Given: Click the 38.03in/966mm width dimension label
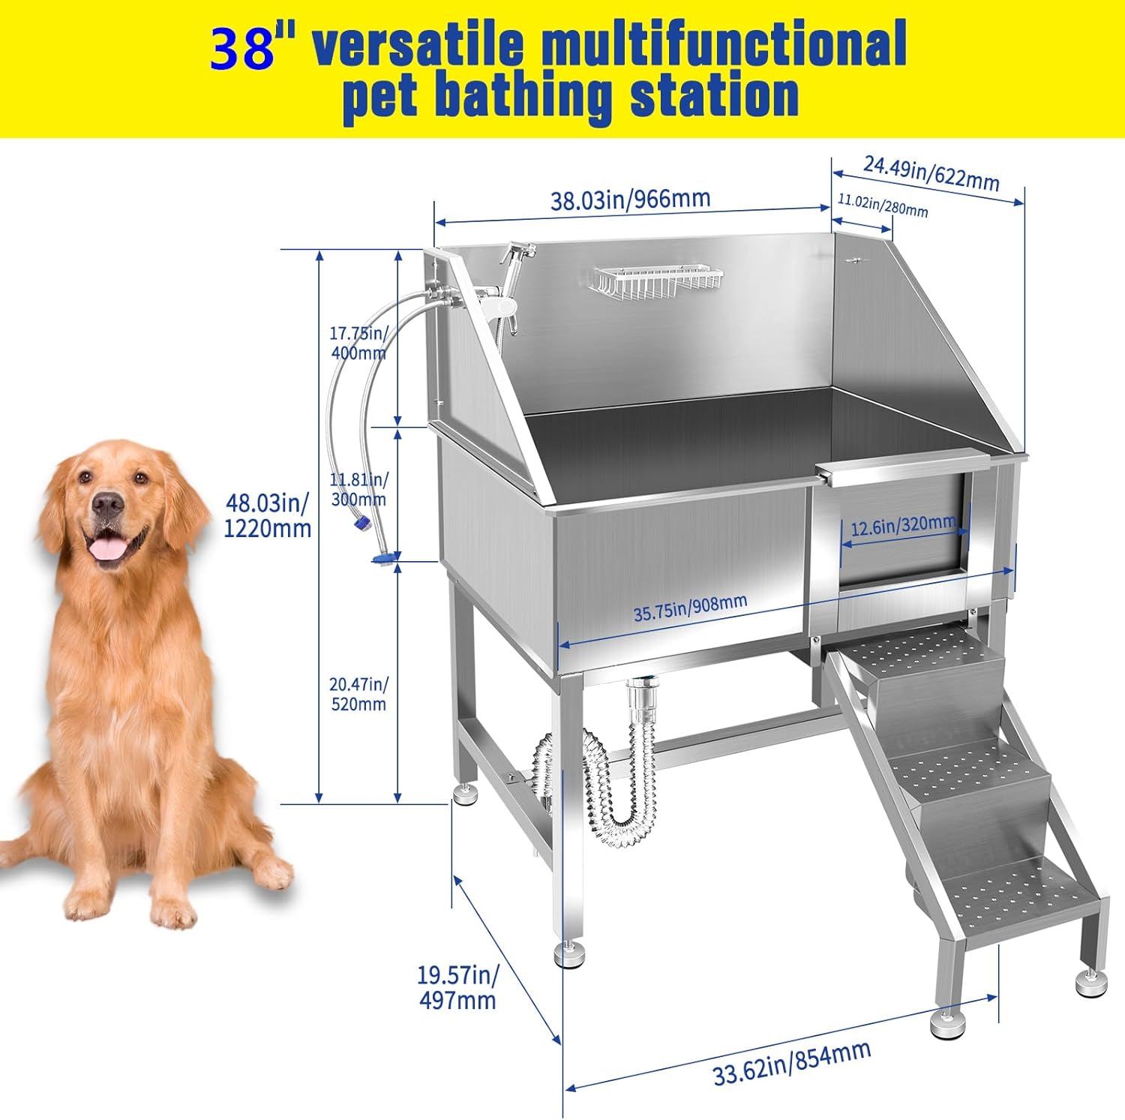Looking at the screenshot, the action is pyautogui.click(x=631, y=200).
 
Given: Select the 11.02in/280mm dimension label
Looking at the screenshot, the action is pyautogui.click(x=883, y=205).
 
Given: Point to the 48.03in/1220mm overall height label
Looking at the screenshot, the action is pyautogui.click(x=268, y=515).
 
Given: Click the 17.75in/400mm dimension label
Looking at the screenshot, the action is pyautogui.click(x=358, y=343).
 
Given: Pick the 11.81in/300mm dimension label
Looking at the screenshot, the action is pyautogui.click(x=358, y=489).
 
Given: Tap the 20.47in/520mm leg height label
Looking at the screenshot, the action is pyautogui.click(x=358, y=694).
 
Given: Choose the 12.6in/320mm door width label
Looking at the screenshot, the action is pyautogui.click(x=903, y=526).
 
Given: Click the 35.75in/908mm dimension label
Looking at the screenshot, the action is pyautogui.click(x=690, y=608).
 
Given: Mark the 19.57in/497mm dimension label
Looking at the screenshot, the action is pyautogui.click(x=457, y=987).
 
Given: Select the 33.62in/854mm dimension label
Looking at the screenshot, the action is pyautogui.click(x=792, y=1063).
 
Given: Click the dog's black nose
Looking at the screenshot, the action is pyautogui.click(x=107, y=505).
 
